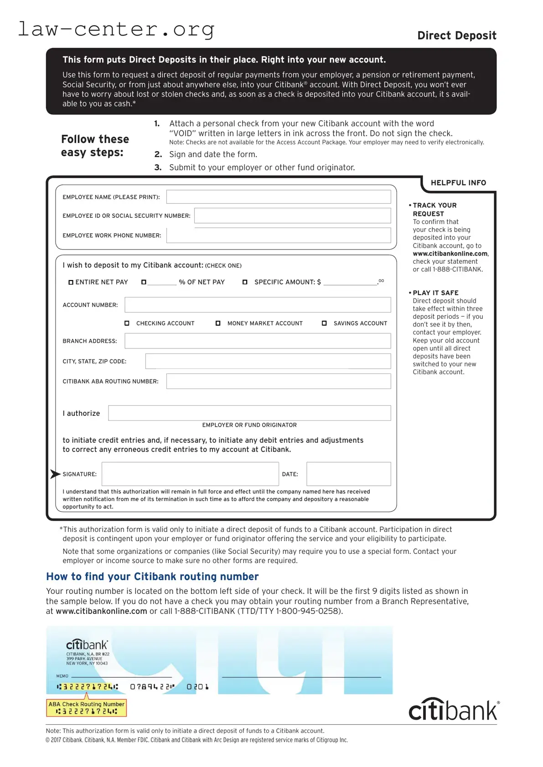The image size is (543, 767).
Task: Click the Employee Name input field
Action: click(x=278, y=197)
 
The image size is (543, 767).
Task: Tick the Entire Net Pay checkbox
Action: click(x=71, y=282)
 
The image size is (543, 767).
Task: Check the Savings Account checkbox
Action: click(x=324, y=323)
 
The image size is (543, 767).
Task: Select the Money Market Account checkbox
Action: click(x=218, y=323)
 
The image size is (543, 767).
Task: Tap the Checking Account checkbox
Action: click(x=127, y=323)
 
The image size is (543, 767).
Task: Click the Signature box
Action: click(x=190, y=474)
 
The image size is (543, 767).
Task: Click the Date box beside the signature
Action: click(x=348, y=474)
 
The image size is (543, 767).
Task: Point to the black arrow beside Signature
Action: click(x=55, y=474)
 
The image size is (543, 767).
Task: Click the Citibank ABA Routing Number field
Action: click(x=278, y=381)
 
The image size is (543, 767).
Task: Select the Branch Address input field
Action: click(x=258, y=341)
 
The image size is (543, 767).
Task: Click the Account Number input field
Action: click(x=258, y=305)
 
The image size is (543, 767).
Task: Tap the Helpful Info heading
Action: click(x=458, y=183)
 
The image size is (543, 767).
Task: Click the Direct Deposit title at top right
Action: click(x=456, y=36)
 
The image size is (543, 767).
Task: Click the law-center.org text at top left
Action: click(x=116, y=29)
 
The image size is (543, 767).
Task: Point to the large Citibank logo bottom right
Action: click(x=454, y=710)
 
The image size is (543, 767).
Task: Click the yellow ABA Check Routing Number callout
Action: click(x=86, y=707)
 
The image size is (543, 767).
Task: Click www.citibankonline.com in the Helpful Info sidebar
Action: click(x=450, y=254)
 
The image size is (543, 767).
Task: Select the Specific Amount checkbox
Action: click(x=245, y=282)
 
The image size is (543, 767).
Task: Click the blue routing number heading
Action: click(x=152, y=577)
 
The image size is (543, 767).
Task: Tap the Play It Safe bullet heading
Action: click(x=435, y=293)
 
